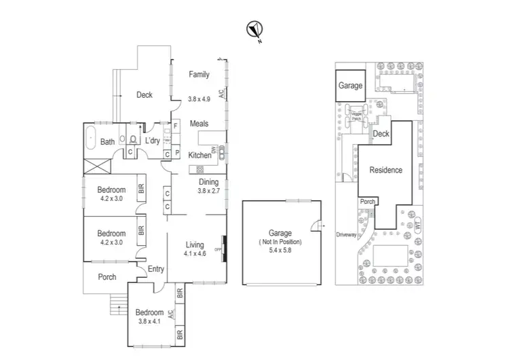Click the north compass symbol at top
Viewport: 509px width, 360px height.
(254, 29)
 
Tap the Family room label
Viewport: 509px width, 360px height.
(199, 75)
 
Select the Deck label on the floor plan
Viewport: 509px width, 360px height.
(144, 95)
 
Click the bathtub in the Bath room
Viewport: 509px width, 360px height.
(91, 141)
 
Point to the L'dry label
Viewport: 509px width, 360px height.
(152, 141)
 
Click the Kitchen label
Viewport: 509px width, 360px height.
(200, 155)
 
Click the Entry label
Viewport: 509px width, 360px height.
(156, 269)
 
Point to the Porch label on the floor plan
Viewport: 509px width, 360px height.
(107, 277)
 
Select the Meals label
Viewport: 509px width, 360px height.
(199, 124)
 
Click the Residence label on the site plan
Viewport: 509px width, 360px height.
(385, 170)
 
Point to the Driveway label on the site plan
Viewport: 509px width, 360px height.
(346, 235)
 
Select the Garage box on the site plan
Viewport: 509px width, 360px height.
(351, 87)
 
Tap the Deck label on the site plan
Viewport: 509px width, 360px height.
(381, 134)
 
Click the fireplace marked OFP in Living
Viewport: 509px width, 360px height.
(224, 248)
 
